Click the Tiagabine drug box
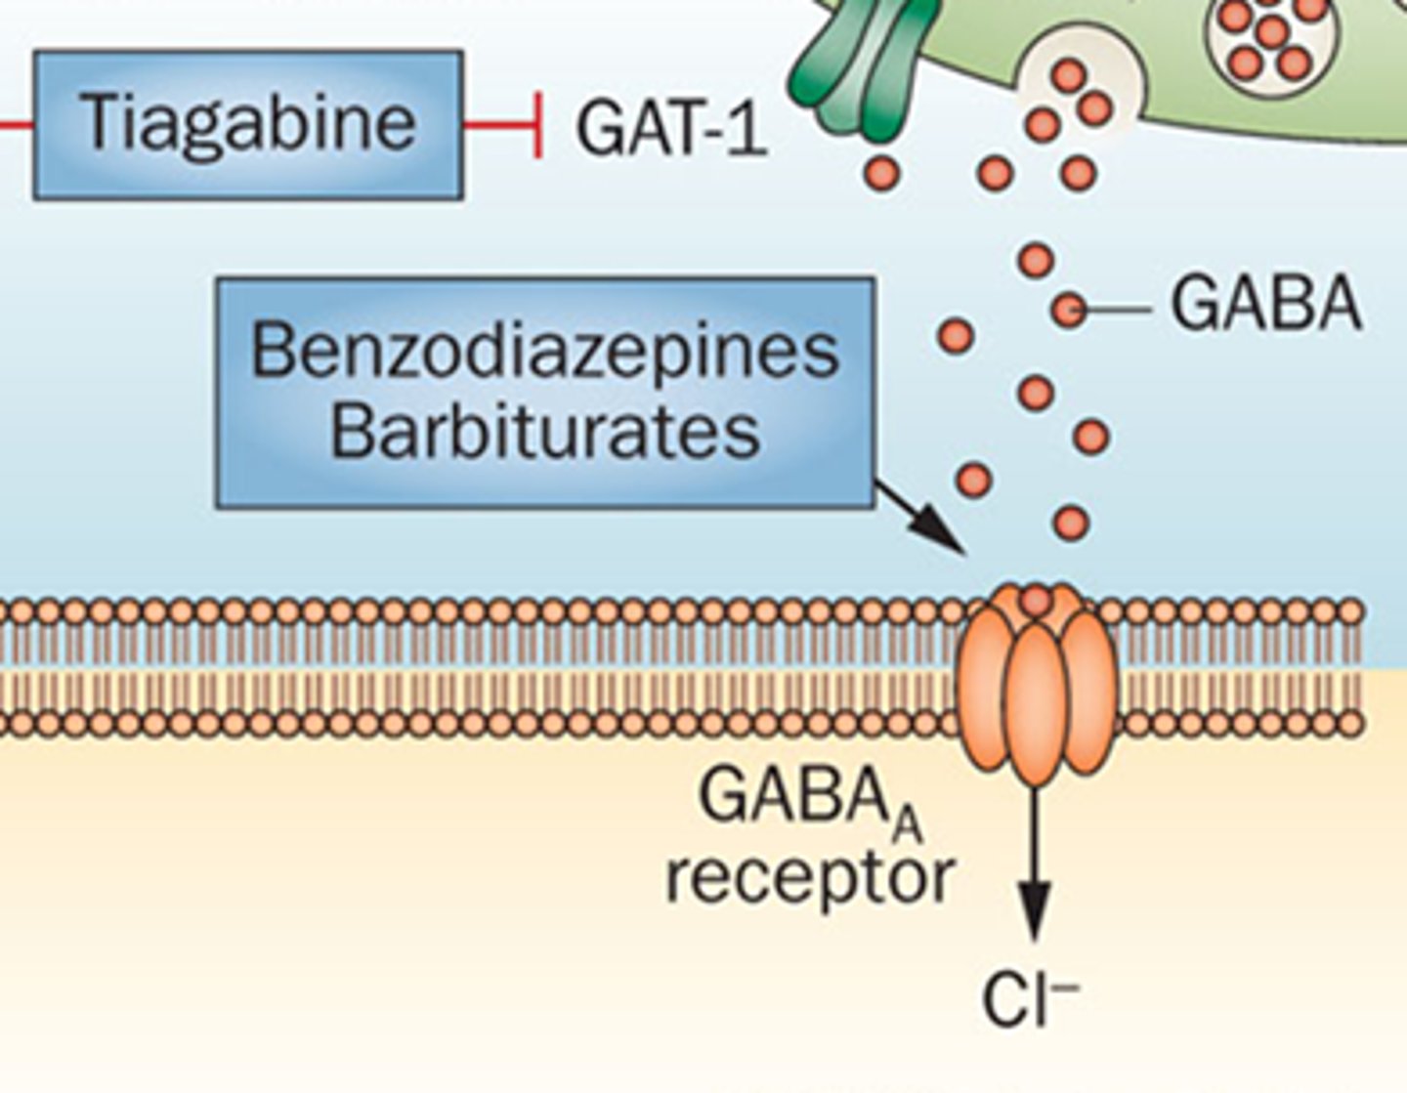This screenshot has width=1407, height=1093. (248, 124)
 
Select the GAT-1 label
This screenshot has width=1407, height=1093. (671, 129)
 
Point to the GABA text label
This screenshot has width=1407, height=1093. (1266, 305)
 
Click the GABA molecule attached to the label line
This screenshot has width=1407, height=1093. (1070, 311)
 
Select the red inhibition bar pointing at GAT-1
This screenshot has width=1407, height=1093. (536, 124)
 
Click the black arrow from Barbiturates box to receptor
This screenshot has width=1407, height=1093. (923, 518)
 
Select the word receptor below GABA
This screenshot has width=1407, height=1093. (809, 877)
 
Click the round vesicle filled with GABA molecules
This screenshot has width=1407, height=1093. (1270, 39)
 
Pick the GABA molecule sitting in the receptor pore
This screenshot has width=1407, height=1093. (1037, 599)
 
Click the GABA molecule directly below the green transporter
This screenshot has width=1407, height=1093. (881, 173)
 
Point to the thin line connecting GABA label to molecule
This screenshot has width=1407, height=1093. (1119, 311)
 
